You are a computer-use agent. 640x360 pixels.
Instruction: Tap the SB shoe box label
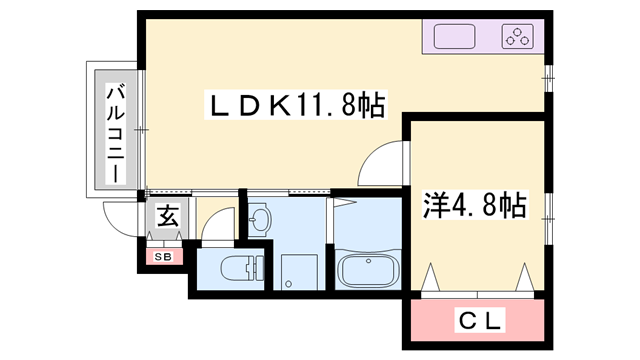[x=163, y=257]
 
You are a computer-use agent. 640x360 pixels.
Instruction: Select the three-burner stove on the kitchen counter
[x=517, y=38]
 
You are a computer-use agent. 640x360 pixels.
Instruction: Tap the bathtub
[x=367, y=270]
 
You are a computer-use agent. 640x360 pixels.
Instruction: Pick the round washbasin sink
[x=259, y=221]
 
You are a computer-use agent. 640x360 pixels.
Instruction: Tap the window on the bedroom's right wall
[x=548, y=208]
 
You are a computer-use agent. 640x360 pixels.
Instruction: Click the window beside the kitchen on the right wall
[x=548, y=74]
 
